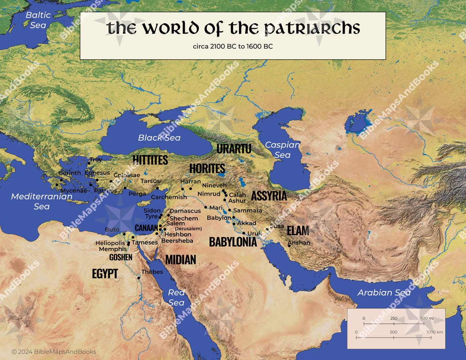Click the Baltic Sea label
pyautogui.click(x=38, y=20)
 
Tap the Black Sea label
pyautogui.click(x=159, y=138)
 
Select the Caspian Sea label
pyautogui.click(x=282, y=150)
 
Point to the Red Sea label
pyautogui.click(x=177, y=297)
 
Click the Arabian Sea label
pyautogui.click(x=384, y=293)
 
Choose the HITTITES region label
pyautogui.click(x=150, y=160)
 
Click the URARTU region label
pyautogui.click(x=234, y=149)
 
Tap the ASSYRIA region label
pyautogui.click(x=269, y=196)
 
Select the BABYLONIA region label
pyautogui.click(x=233, y=242)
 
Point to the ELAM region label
pyautogui.click(x=298, y=230)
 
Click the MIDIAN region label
pyautogui.click(x=180, y=259)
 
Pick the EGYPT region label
pyautogui.click(x=105, y=274)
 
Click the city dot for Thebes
pyautogui.click(x=139, y=278)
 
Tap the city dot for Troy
pyautogui.click(x=88, y=163)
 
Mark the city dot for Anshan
pyautogui.click(x=289, y=246)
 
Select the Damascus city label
pyautogui.click(x=185, y=211)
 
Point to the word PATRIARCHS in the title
pyautogui.click(x=312, y=28)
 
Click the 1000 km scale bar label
pyautogui.click(x=434, y=332)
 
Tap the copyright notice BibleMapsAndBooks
pyautogui.click(x=54, y=352)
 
